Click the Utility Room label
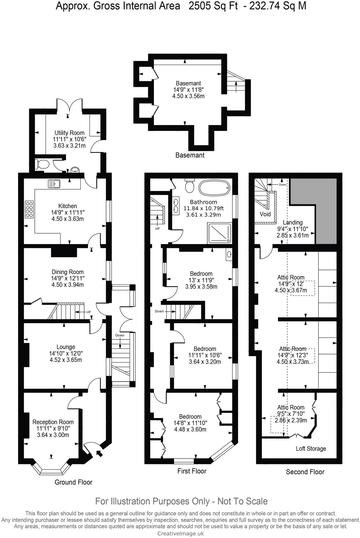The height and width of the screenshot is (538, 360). click(x=69, y=133)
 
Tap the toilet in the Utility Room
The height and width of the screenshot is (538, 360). click(x=42, y=164)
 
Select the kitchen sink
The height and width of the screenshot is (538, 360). click(x=54, y=184)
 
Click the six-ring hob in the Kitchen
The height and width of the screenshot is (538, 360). click(x=30, y=209)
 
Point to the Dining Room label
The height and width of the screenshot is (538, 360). click(x=67, y=272)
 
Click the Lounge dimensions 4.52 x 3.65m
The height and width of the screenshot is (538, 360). click(x=66, y=360)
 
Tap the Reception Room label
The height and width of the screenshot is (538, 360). click(x=53, y=422)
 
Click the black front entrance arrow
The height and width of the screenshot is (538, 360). click(x=99, y=453)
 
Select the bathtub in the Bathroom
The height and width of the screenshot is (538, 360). click(x=214, y=187)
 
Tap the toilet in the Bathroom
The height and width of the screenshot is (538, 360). click(x=189, y=186)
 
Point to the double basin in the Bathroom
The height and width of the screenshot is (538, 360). click(x=176, y=205)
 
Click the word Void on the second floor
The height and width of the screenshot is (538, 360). click(x=265, y=214)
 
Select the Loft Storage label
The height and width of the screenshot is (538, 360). click(x=311, y=449)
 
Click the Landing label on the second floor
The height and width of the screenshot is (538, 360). click(x=292, y=223)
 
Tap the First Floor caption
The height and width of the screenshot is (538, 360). click(x=192, y=471)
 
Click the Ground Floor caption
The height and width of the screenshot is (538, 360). click(x=73, y=482)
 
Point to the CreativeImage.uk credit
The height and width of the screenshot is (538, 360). click(x=181, y=534)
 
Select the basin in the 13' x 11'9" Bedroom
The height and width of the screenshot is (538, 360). click(x=229, y=254)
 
